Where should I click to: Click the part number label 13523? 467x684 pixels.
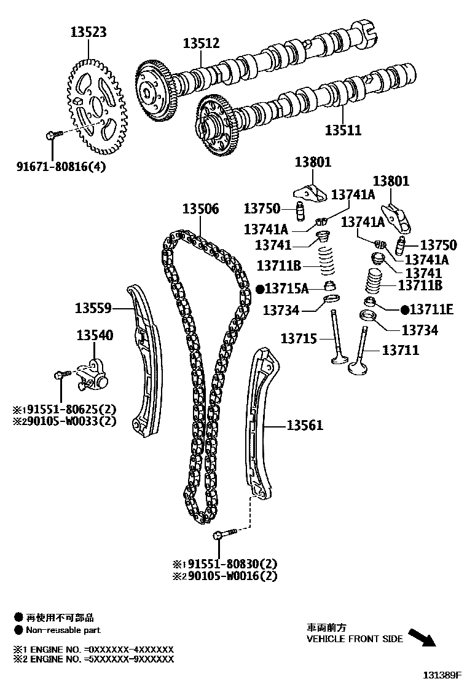(x=87, y=32)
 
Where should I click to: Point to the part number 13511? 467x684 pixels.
(x=343, y=130)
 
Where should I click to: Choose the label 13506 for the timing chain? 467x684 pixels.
(x=200, y=209)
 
